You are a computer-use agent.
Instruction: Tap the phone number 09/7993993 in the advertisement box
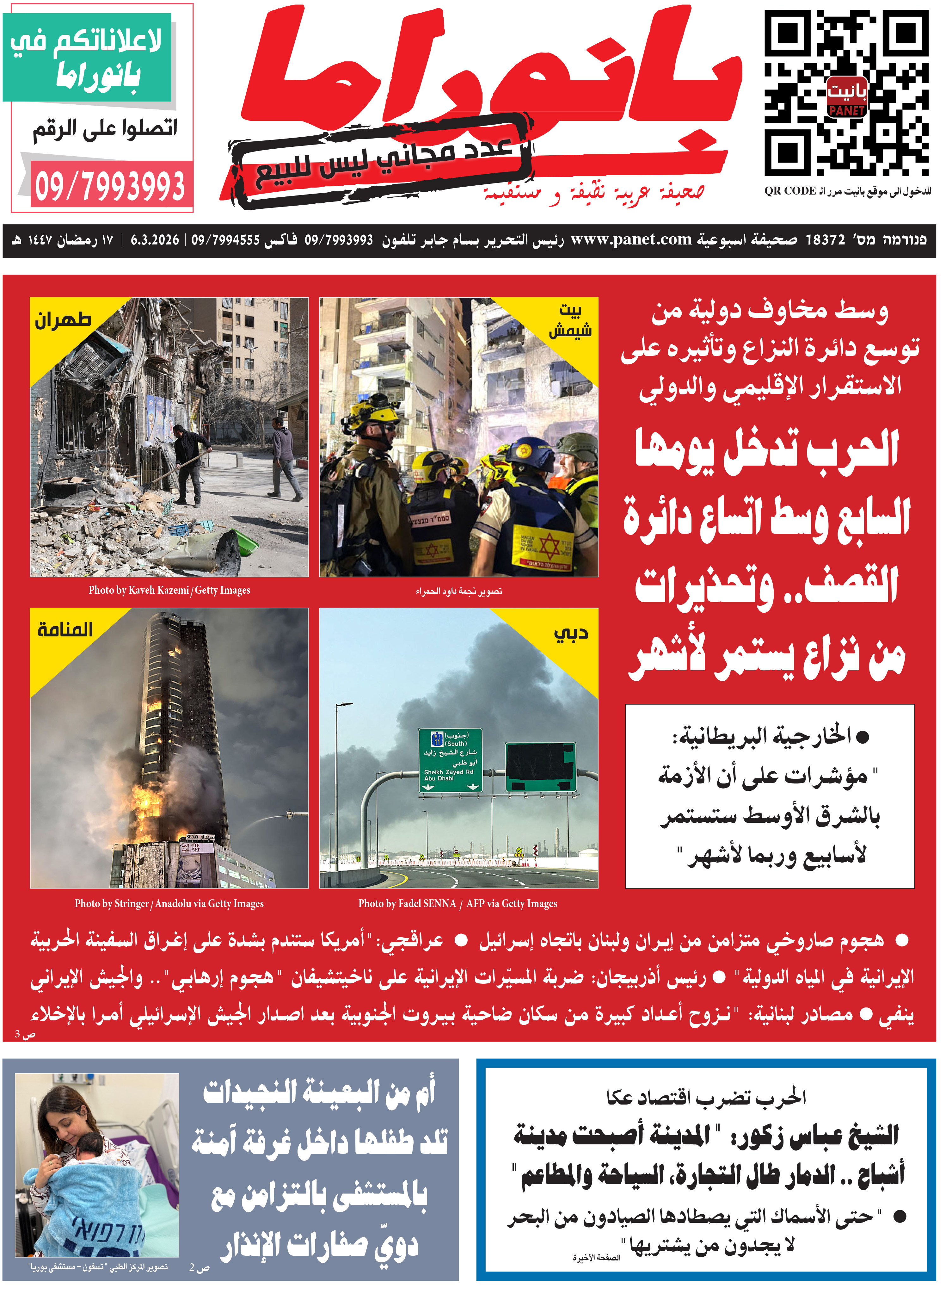(109, 186)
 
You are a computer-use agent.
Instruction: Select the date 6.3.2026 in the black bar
(154, 240)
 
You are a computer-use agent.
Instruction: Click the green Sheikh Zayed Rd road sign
(450, 760)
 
